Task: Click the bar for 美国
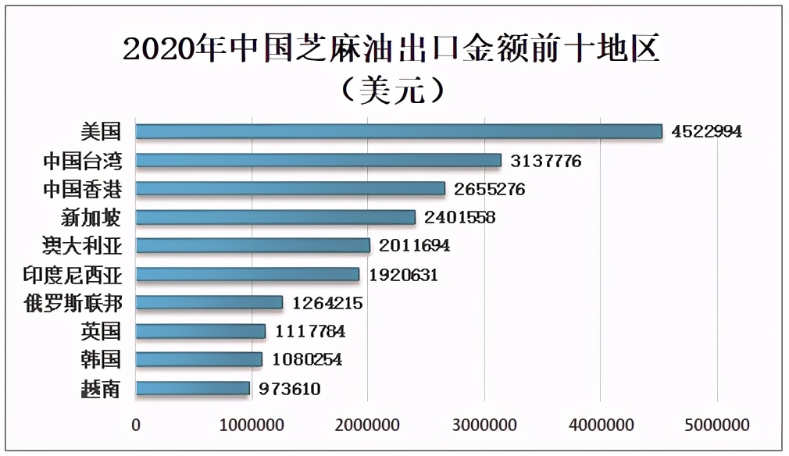(x=398, y=131)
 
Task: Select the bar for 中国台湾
(x=318, y=160)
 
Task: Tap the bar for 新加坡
(x=275, y=216)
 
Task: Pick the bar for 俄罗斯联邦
(x=209, y=302)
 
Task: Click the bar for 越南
(x=192, y=388)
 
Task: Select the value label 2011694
(x=414, y=246)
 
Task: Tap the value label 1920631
(x=403, y=275)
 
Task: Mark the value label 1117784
(x=310, y=332)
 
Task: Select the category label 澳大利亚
(x=82, y=245)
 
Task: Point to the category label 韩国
(x=101, y=359)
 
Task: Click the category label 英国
(x=101, y=331)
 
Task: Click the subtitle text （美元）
(x=393, y=90)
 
